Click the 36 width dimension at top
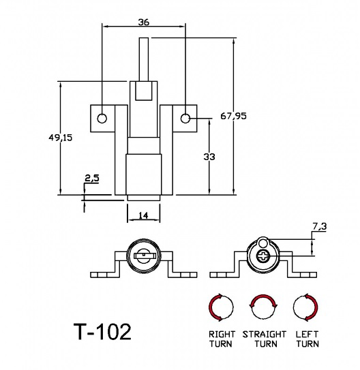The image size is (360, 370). (x=144, y=22)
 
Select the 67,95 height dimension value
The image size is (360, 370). (x=233, y=116)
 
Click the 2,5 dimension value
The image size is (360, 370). (x=91, y=179)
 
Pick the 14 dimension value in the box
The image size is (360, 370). (x=143, y=215)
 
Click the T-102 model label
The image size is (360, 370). (x=102, y=332)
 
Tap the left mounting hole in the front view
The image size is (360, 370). (x=102, y=119)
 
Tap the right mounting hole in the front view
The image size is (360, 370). (x=185, y=119)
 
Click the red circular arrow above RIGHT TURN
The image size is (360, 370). (x=221, y=309)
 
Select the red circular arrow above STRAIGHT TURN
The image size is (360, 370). (x=263, y=309)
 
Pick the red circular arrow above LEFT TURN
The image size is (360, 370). (x=305, y=309)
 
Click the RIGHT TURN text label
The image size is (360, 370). (x=221, y=339)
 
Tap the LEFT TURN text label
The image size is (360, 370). (x=307, y=339)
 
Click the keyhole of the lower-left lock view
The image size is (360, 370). (x=144, y=256)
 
